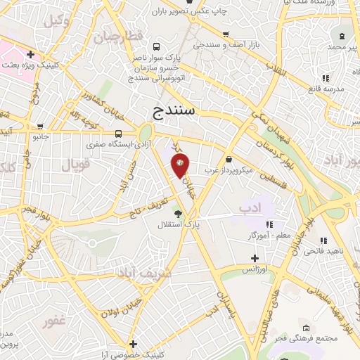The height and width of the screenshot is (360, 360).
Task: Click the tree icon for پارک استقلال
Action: [x=179, y=214]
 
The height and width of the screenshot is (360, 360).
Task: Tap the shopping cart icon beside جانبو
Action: [x=27, y=127]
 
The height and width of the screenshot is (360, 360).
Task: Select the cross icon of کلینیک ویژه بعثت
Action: [x=30, y=54]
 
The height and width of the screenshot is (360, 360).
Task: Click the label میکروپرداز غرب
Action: [x=209, y=169]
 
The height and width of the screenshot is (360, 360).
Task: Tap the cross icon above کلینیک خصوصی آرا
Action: [x=134, y=344]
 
